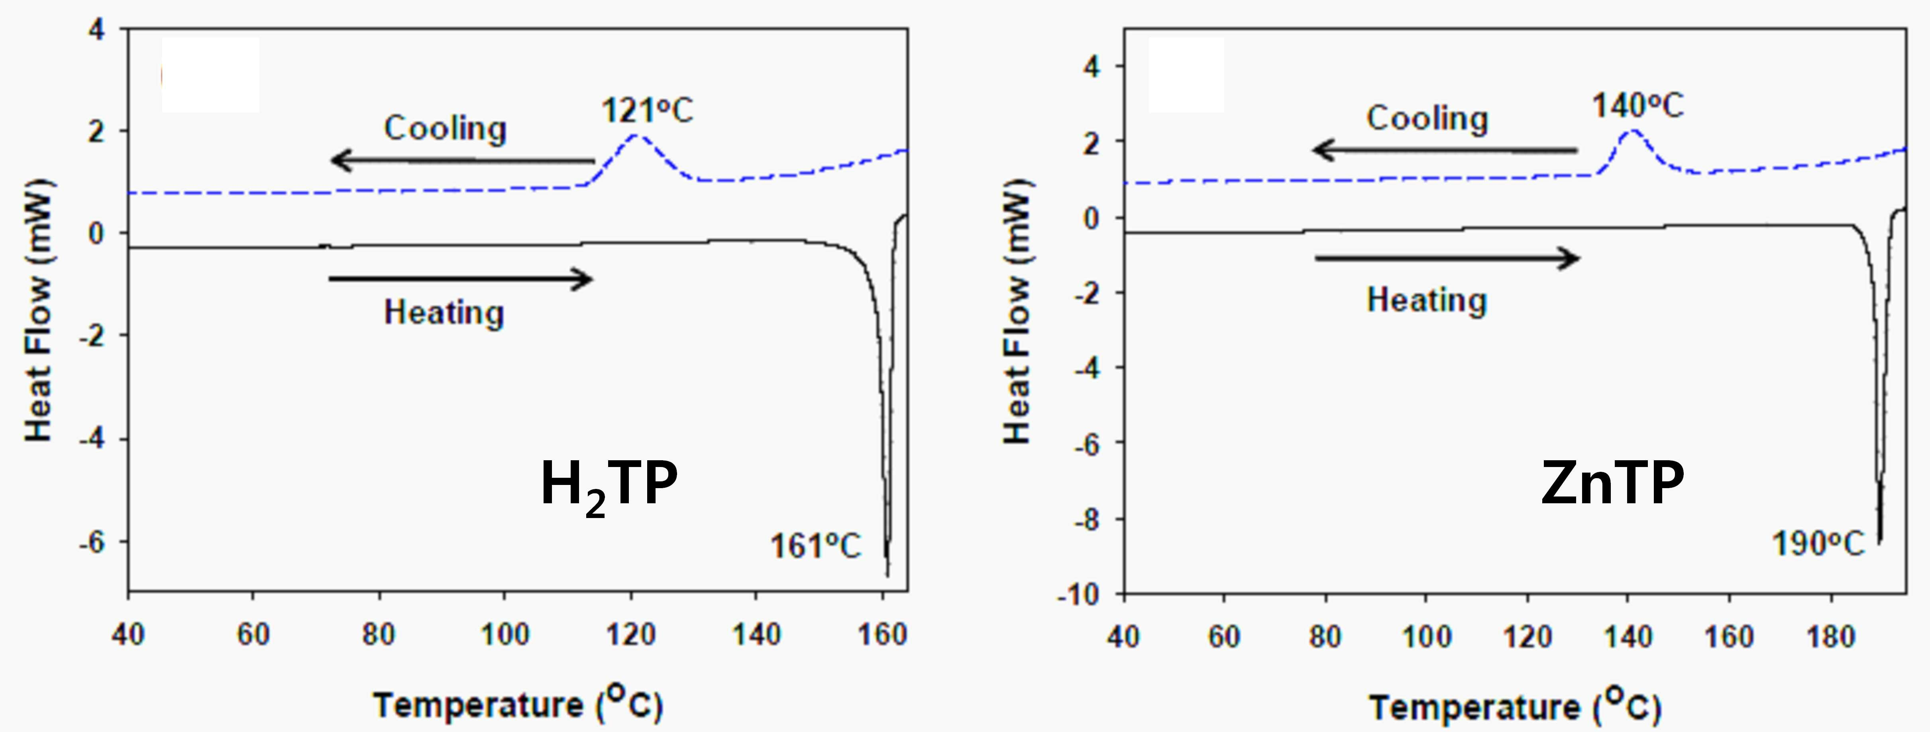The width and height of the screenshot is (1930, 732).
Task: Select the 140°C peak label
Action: coord(1638,106)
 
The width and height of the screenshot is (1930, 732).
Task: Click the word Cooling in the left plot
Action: coord(445,128)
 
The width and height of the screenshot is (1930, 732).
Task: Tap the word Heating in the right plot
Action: coord(1427,300)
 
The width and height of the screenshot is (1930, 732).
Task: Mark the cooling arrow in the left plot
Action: coord(462,160)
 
